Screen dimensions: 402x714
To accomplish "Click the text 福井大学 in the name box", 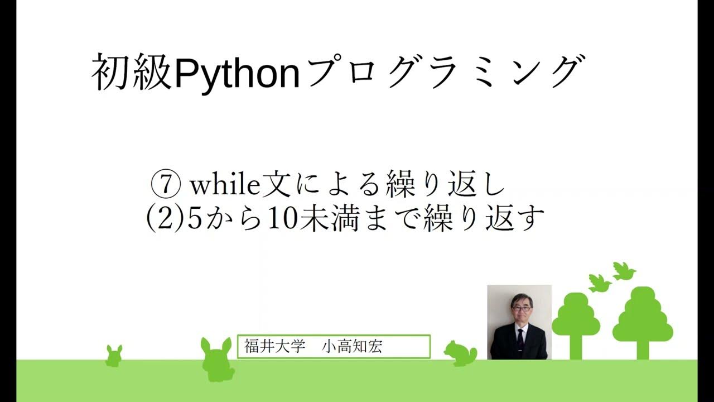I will [275, 346].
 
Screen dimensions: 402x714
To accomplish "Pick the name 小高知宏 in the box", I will [352, 346].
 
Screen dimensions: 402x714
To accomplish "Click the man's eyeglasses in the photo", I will [522, 308].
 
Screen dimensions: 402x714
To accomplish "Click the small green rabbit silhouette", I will [114, 356].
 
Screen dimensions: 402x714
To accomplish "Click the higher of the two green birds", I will [624, 271].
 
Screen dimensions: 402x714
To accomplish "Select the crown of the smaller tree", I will [576, 316].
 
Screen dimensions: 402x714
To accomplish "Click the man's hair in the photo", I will [522, 299].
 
